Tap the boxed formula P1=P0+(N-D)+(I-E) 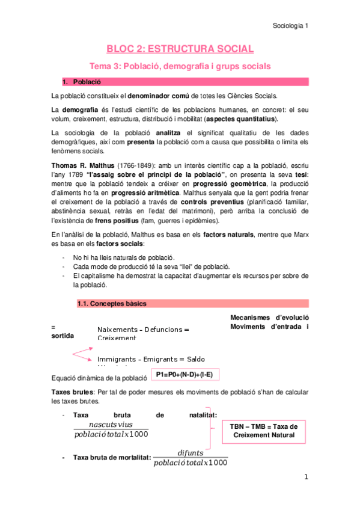(185, 375)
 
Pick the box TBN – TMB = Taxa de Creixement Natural (264, 430)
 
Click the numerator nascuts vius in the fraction (111, 424)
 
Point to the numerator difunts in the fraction (190, 453)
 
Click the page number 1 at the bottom (306, 477)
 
